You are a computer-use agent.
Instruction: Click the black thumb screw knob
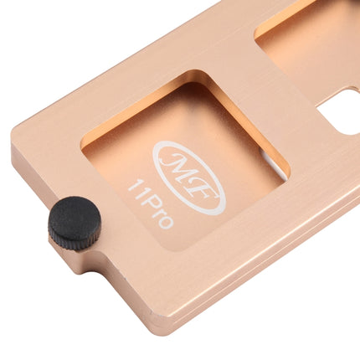(x=75, y=223)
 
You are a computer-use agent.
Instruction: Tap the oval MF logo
(x=189, y=178)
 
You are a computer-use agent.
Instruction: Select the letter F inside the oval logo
(x=202, y=190)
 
